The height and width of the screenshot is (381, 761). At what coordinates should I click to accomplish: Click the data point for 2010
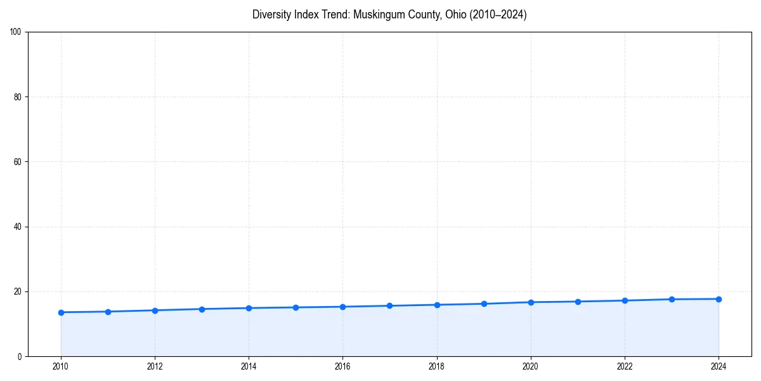pos(61,312)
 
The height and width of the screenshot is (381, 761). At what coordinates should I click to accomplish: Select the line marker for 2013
pos(202,309)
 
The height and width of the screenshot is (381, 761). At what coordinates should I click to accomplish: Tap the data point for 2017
pos(389,306)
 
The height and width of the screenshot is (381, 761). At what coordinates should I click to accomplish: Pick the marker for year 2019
pos(484,304)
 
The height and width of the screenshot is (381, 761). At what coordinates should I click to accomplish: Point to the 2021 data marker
pos(578,302)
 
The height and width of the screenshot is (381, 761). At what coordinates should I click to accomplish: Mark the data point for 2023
pos(672,299)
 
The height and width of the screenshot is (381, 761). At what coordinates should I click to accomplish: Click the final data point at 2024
pos(719,299)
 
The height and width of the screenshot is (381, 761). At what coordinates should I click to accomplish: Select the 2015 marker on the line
pos(296,307)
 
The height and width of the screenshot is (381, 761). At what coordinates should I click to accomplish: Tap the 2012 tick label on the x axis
pos(155,366)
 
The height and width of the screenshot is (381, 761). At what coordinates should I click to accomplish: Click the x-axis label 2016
pos(342,366)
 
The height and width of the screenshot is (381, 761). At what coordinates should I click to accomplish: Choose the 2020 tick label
pos(531,366)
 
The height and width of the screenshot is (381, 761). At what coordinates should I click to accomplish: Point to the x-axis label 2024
pos(719,366)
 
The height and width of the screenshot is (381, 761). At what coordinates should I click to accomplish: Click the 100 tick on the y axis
pos(16,32)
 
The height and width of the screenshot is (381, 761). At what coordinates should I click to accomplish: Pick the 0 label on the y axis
pos(20,356)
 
